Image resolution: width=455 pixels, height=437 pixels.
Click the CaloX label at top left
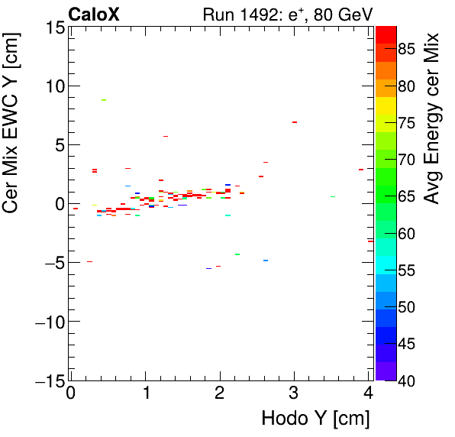[93, 14]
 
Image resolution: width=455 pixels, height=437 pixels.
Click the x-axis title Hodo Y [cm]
[315, 419]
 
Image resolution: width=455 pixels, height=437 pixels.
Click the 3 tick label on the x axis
[294, 393]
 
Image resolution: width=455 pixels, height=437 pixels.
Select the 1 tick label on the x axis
[145, 393]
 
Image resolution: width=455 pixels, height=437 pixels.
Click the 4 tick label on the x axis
[369, 393]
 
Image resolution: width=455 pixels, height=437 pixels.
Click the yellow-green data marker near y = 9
[104, 100]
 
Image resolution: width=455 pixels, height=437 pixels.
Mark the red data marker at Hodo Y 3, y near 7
[294, 122]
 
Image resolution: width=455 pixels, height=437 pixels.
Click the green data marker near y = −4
[237, 254]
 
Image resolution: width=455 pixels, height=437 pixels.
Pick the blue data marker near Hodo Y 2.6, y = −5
[266, 261]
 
